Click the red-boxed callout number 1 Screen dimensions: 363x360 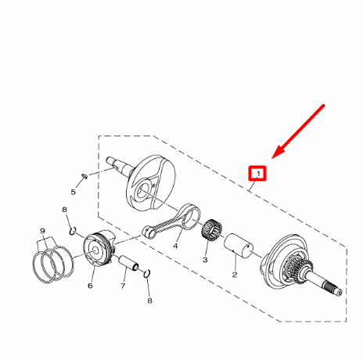click(258, 173)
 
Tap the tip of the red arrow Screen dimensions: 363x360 click(271, 158)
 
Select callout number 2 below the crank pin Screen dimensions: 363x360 click(235, 275)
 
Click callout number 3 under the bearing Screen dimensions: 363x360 click(205, 260)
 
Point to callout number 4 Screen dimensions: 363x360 click(175, 246)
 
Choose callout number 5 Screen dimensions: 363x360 click(73, 193)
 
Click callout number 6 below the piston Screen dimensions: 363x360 click(90, 286)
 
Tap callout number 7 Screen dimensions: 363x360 click(123, 286)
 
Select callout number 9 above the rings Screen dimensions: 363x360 click(42, 231)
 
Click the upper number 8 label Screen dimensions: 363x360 click(64, 210)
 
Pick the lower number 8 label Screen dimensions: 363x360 click(149, 301)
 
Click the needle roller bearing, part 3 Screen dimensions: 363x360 click(211, 229)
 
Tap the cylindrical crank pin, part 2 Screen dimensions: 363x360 click(239, 246)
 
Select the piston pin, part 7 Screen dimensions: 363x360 click(128, 264)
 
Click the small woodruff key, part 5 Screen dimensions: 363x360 click(84, 176)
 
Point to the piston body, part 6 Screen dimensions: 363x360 click(99, 248)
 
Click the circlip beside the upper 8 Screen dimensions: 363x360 click(73, 231)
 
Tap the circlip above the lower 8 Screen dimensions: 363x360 click(147, 273)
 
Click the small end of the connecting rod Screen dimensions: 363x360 click(149, 232)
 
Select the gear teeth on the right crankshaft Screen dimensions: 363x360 click(300, 268)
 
